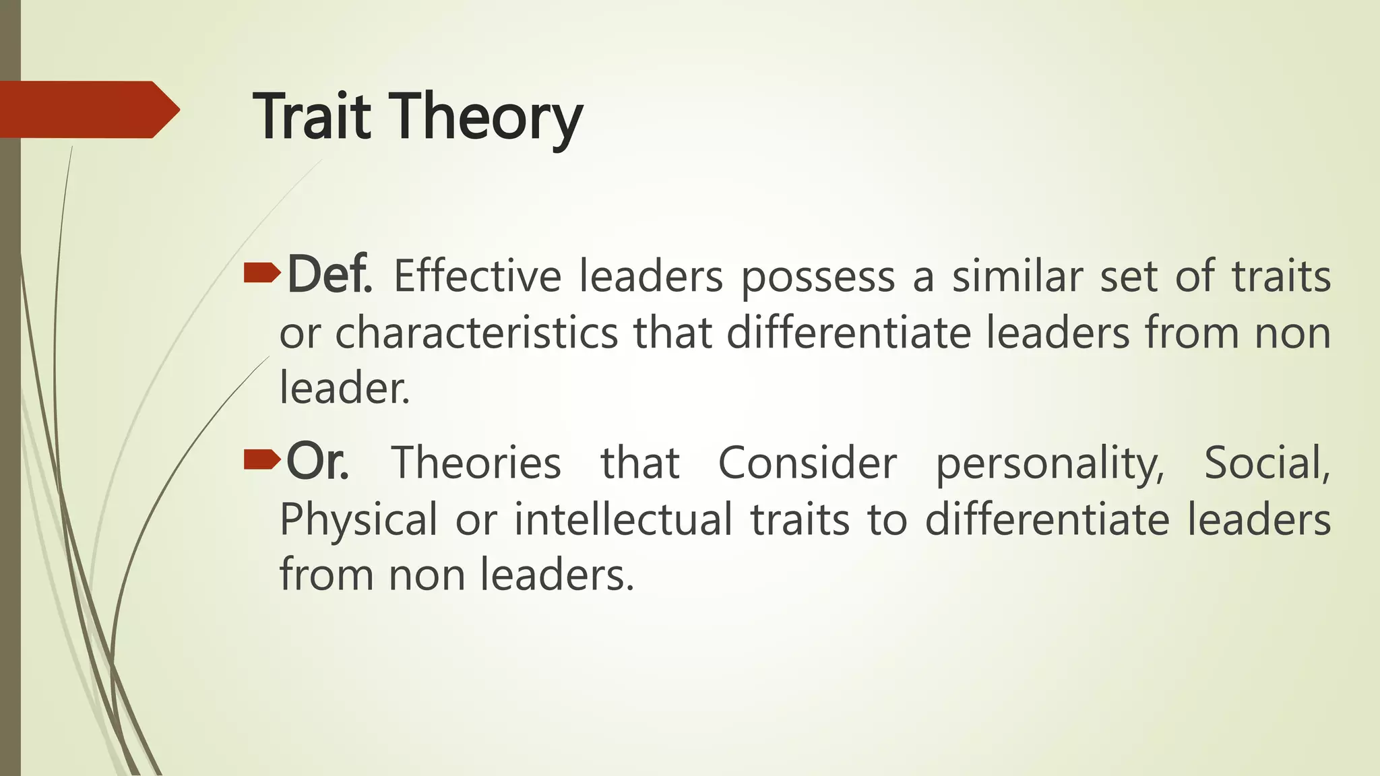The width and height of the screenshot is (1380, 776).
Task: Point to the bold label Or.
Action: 317,462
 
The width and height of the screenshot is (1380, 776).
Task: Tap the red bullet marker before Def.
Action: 261,273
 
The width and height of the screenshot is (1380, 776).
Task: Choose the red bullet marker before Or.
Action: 261,459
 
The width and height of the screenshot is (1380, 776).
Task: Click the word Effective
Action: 477,276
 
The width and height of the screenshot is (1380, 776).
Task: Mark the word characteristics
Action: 476,333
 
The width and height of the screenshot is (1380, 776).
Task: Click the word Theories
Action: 476,463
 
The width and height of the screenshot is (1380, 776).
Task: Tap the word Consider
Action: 807,463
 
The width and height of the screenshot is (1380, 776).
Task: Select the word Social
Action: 1267,463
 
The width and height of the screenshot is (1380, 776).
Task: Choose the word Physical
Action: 358,520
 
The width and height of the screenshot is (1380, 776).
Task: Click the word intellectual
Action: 623,519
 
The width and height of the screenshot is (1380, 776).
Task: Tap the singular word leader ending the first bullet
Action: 344,389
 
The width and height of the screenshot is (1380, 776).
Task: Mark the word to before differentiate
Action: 887,520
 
